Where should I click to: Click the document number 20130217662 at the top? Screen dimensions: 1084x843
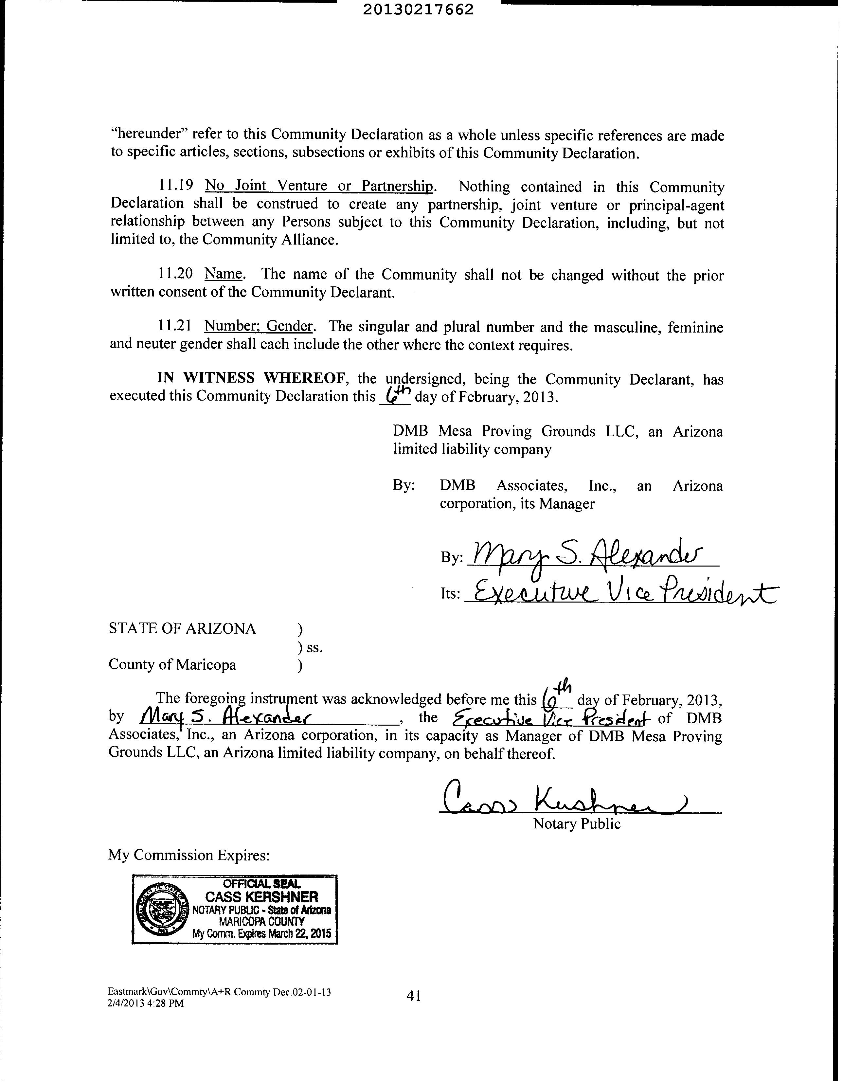click(418, 9)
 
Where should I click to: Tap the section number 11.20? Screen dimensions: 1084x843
click(175, 274)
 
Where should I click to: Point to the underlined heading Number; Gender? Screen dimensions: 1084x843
click(259, 326)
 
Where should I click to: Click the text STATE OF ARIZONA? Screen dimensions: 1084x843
click(182, 628)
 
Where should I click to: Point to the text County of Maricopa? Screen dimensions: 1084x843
click(172, 665)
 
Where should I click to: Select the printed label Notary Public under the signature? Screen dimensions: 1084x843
click(577, 824)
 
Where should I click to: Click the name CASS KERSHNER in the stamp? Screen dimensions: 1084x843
click(261, 897)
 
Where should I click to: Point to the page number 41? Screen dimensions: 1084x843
click(414, 995)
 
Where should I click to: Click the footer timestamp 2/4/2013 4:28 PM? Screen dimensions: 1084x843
click(145, 1003)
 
